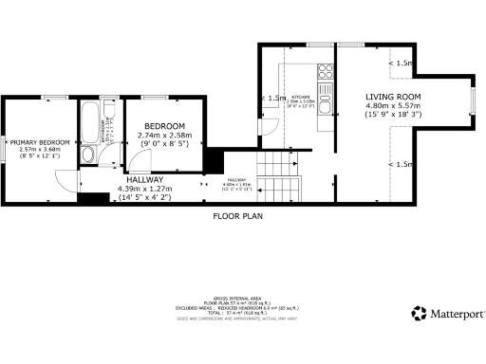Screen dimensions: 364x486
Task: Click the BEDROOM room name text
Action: pyautogui.click(x=164, y=126)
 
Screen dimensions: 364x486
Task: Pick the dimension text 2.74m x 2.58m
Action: pyautogui.click(x=164, y=136)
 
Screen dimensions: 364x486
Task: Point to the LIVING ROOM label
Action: pyautogui.click(x=393, y=96)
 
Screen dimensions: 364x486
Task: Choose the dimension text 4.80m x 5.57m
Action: pyautogui.click(x=393, y=106)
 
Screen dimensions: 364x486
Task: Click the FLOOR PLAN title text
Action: pyautogui.click(x=236, y=216)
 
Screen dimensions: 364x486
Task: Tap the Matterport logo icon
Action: pyautogui.click(x=418, y=313)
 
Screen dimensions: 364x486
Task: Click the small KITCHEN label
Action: pyautogui.click(x=302, y=96)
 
